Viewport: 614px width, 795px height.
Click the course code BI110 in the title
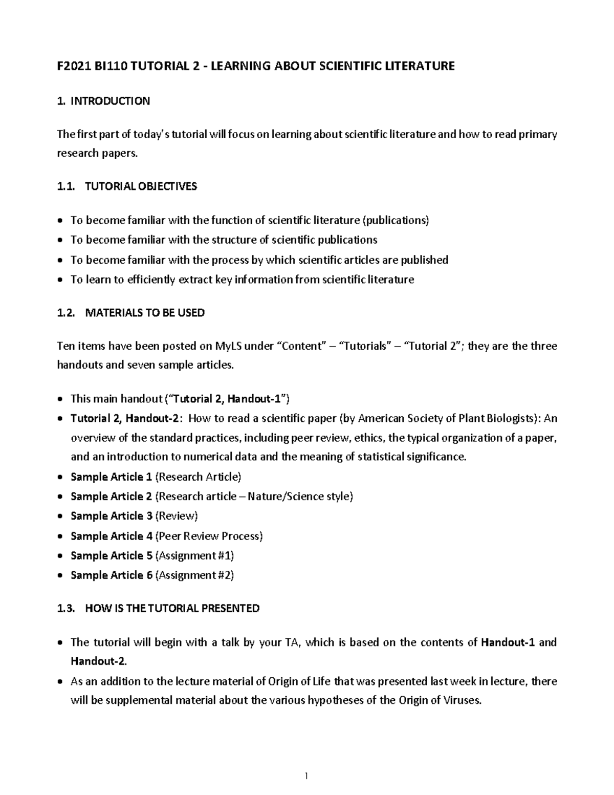105,66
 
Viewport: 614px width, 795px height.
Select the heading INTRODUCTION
110,101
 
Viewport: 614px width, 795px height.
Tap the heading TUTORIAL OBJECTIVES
141,186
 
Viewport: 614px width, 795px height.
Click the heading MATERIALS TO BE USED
145,313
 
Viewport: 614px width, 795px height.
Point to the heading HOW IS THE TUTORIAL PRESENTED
172,608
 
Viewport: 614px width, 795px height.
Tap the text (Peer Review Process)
209,536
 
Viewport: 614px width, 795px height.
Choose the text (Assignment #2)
194,575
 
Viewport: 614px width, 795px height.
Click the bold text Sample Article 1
111,477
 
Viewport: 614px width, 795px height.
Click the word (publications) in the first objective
396,221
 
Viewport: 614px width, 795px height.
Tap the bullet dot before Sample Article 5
60,556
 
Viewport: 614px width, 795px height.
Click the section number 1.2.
67,313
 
